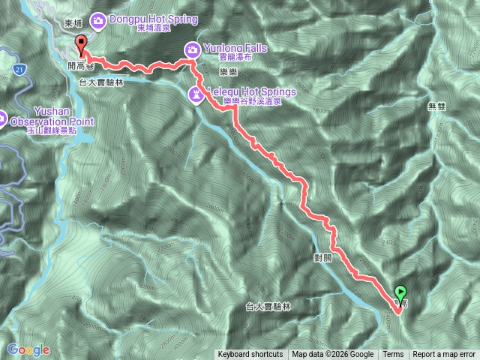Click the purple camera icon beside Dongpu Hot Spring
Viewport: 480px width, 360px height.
98,20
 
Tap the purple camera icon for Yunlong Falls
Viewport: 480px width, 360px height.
192,49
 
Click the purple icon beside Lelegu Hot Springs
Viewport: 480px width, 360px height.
195,94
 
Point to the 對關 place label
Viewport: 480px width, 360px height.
322,257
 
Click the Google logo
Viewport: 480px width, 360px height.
28,349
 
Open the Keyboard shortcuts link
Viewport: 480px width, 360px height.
250,355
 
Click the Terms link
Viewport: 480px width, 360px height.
393,355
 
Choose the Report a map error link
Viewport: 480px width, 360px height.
443,355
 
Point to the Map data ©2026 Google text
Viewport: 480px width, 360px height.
333,355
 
